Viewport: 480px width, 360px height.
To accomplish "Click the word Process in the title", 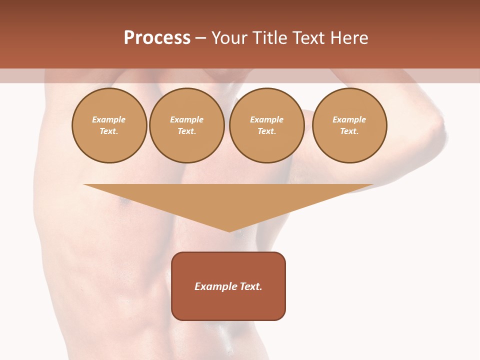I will [157, 38].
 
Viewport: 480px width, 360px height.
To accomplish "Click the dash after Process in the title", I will [200, 38].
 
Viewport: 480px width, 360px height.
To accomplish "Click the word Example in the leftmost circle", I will [109, 120].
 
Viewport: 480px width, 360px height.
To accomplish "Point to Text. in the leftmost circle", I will [109, 131].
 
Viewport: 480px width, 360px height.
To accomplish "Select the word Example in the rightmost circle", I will [349, 120].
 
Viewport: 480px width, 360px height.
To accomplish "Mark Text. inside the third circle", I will [267, 131].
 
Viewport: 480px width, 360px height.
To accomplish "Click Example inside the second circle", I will [186, 120].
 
